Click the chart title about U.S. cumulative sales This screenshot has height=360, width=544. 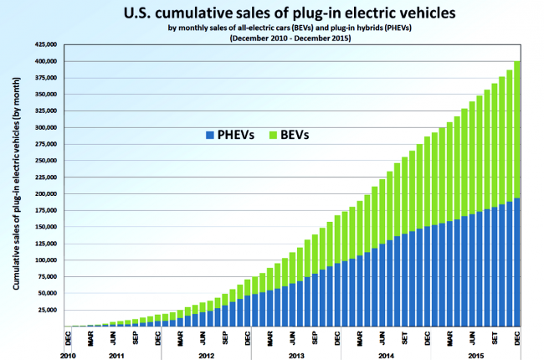(290, 13)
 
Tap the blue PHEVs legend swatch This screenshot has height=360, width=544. (210, 135)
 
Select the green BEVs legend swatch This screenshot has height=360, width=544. (273, 135)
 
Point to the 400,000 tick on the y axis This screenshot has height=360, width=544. (46, 61)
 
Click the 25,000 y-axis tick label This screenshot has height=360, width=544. (47, 310)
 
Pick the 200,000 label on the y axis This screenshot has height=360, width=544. (46, 193)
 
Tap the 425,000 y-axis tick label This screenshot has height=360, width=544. (46, 44)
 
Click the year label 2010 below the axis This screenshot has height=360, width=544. (68, 356)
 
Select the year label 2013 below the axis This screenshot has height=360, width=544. (296, 356)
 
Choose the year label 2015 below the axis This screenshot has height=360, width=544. (475, 356)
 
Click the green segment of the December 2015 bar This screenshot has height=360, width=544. (516, 130)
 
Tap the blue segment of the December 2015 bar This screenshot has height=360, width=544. (516, 262)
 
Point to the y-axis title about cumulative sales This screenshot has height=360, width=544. (16, 183)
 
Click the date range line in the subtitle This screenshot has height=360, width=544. (290, 39)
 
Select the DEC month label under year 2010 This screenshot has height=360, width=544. (68, 338)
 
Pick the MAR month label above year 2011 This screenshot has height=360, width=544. (90, 338)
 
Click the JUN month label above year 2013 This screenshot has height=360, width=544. (292, 338)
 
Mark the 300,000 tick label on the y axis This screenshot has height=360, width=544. (46, 128)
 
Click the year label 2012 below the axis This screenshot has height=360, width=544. (207, 356)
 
